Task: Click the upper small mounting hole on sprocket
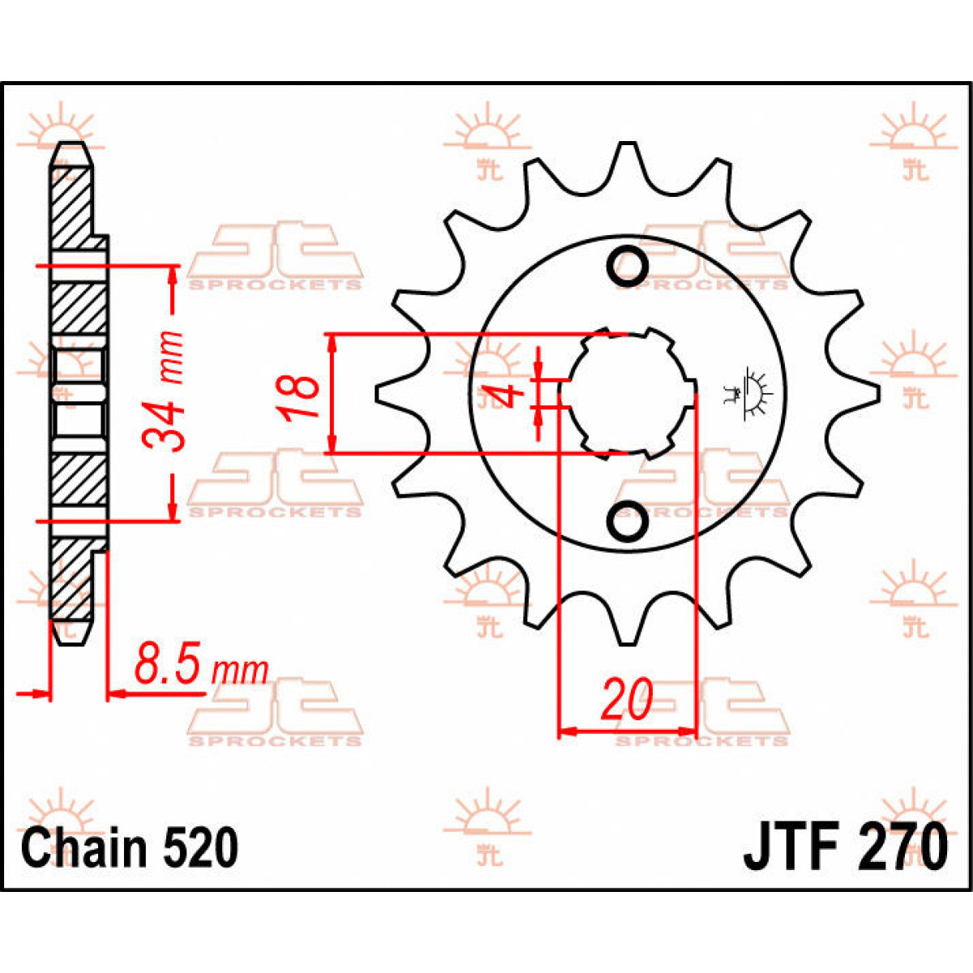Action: click(x=628, y=264)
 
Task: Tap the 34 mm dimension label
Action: click(x=162, y=390)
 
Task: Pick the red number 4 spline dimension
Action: click(x=507, y=396)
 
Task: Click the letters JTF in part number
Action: click(x=791, y=847)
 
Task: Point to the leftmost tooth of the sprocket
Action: click(x=383, y=393)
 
